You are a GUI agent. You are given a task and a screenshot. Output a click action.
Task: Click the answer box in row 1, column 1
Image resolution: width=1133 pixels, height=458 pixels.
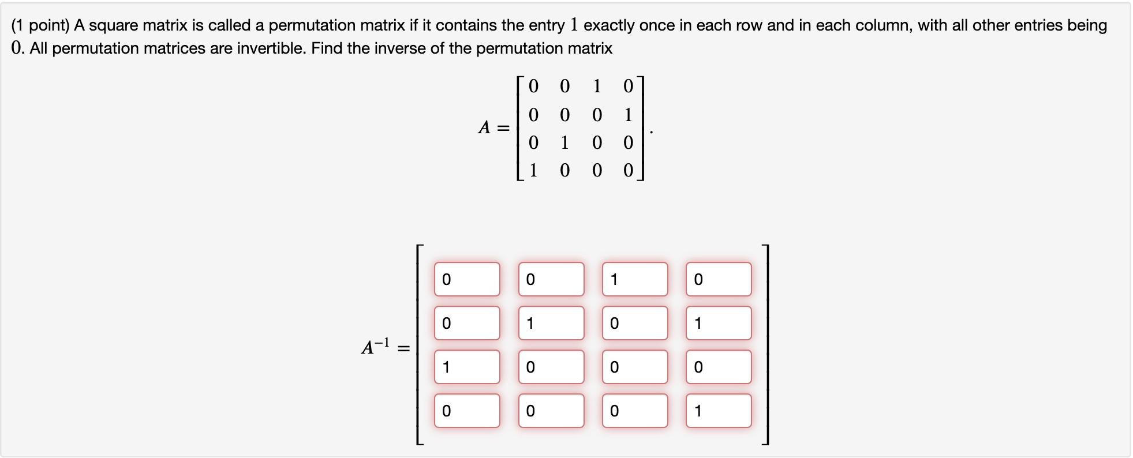point(467,279)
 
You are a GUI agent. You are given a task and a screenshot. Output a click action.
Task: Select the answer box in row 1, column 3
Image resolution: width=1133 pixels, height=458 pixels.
point(635,279)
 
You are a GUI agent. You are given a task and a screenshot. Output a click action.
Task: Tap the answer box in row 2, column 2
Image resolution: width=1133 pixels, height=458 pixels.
point(551,323)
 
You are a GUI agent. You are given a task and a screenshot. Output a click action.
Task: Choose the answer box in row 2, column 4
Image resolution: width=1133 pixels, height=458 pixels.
point(719,323)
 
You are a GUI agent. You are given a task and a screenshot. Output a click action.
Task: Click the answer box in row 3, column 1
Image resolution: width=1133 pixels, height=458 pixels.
point(467,367)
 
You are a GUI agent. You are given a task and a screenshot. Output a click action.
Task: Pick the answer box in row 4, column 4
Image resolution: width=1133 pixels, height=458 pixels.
point(719,411)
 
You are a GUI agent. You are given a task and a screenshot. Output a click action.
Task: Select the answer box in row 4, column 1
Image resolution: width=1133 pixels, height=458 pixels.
point(467,411)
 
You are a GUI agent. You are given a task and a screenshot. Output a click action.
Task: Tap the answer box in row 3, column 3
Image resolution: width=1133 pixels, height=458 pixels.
point(635,367)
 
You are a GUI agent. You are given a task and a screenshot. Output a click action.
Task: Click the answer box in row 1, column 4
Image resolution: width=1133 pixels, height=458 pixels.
point(719,279)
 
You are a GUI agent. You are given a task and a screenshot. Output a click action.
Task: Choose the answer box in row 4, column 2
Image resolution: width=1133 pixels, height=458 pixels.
point(551,411)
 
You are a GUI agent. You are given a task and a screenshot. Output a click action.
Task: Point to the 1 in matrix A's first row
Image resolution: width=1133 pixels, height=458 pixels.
point(597,87)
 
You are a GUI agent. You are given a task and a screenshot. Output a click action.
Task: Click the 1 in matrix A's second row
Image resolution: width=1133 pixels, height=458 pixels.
point(628,115)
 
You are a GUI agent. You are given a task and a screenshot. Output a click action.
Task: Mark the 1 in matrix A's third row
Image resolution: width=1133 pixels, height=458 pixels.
point(564,142)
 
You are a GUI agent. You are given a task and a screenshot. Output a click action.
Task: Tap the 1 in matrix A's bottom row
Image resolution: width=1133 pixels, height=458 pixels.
point(533,170)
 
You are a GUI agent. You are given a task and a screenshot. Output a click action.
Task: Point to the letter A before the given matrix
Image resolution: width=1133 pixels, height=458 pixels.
point(484,127)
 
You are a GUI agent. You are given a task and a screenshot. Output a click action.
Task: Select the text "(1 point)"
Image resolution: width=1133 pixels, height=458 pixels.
point(40,25)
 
